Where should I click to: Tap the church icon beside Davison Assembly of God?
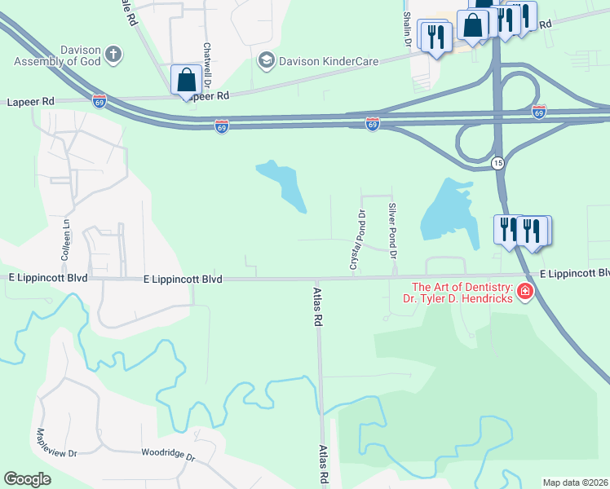tap(113, 55)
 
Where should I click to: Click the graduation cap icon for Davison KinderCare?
tap(266, 59)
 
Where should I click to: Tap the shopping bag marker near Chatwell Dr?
tap(186, 81)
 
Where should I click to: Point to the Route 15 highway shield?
tap(497, 164)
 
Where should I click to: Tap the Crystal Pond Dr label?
tap(356, 240)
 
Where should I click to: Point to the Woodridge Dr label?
tap(169, 453)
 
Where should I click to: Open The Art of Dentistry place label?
tap(462, 293)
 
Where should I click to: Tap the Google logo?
tap(28, 479)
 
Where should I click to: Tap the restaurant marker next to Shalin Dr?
tap(435, 37)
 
